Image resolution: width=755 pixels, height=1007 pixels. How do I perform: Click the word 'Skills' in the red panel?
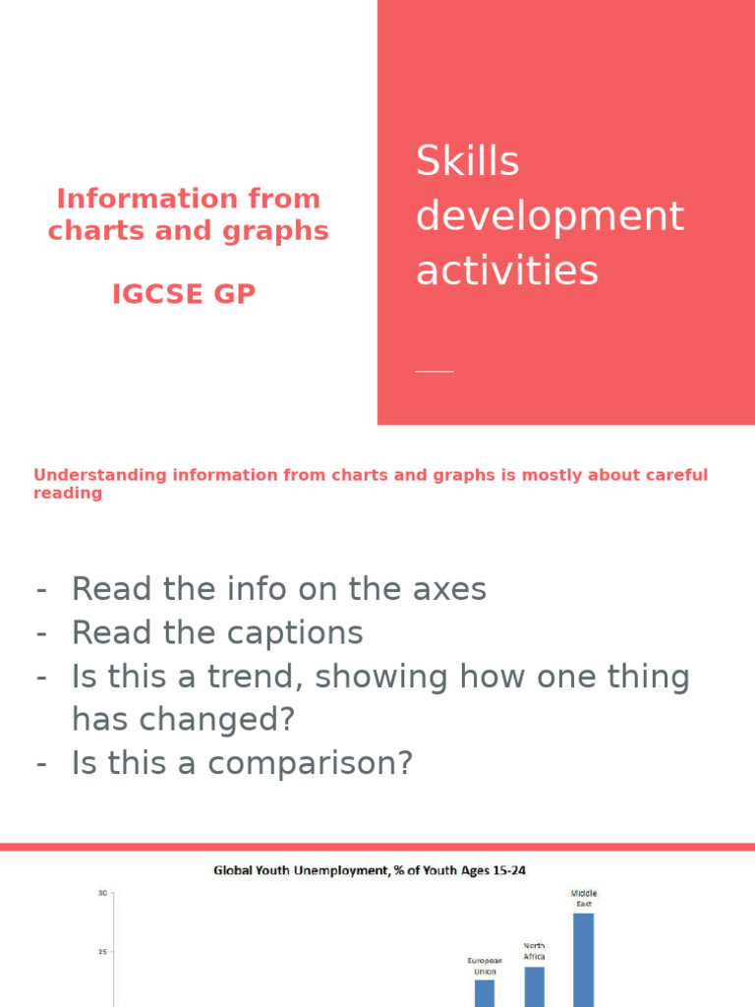pos(467,161)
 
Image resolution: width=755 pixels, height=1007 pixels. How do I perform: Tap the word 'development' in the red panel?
pos(550,215)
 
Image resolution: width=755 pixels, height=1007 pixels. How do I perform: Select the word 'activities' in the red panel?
pos(506,269)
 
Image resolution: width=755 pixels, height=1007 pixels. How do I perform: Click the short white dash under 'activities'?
pos(435,371)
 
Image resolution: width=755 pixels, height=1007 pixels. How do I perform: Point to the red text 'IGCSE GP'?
pos(184,294)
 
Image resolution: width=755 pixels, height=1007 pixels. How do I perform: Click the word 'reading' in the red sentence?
pos(68,494)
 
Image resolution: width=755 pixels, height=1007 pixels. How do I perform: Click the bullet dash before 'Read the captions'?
pos(41,633)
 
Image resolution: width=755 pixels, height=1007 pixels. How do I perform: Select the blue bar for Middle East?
pos(583,959)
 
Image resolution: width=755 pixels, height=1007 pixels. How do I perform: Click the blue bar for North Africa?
pos(534,985)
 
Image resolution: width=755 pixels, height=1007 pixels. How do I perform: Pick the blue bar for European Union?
pos(485,992)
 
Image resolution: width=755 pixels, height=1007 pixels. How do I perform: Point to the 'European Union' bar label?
pos(485,966)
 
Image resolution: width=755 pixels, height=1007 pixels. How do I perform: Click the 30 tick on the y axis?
pos(102,893)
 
